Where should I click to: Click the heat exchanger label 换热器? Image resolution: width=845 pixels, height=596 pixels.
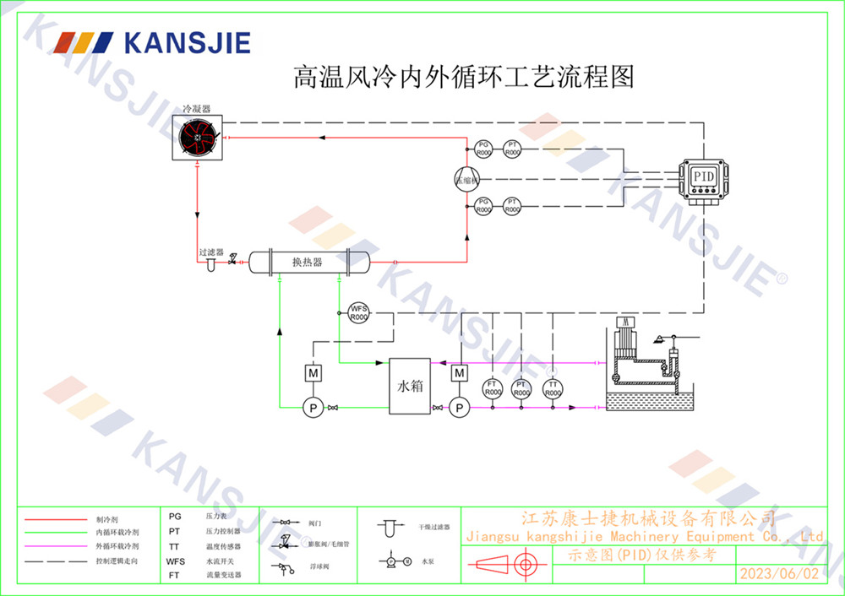[308, 263]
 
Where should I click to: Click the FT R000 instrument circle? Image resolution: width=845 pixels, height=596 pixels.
[493, 389]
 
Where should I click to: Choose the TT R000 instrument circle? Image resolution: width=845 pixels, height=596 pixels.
[553, 389]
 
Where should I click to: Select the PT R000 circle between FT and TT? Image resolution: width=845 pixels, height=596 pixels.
[521, 389]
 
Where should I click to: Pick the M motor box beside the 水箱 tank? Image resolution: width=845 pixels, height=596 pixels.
[459, 373]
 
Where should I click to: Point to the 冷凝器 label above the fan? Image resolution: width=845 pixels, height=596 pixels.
[197, 110]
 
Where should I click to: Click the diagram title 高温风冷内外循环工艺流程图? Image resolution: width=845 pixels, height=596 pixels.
[462, 78]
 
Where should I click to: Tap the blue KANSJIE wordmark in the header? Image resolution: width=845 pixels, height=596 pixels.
[187, 42]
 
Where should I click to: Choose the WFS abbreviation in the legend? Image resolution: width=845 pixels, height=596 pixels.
[175, 561]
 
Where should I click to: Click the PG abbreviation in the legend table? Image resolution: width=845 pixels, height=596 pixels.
[175, 516]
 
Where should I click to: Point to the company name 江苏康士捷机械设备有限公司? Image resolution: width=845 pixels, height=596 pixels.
[648, 517]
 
